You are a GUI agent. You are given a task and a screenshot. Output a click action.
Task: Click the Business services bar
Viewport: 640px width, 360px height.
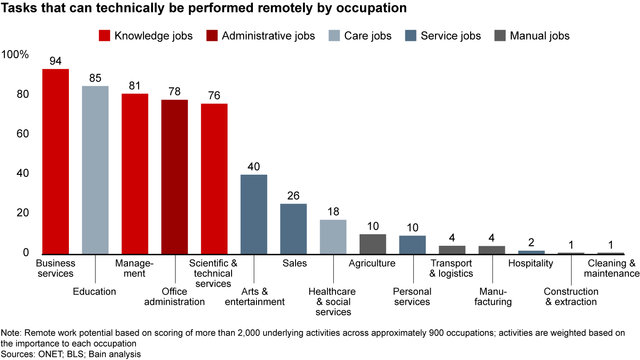(56, 161)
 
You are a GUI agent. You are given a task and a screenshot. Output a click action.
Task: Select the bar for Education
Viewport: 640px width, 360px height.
(95, 169)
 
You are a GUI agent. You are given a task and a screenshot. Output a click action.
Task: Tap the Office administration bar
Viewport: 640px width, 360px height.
(174, 176)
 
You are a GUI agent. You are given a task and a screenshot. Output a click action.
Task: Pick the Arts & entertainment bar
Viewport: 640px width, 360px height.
(254, 214)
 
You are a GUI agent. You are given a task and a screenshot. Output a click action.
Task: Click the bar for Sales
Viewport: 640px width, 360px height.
(293, 228)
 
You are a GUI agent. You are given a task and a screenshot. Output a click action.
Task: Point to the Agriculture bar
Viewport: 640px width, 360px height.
(372, 244)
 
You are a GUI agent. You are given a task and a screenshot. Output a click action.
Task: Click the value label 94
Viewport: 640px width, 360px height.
(56, 61)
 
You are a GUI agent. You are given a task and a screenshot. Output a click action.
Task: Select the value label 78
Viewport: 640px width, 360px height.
(174, 92)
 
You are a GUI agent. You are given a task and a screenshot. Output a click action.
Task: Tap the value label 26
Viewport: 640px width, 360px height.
(293, 196)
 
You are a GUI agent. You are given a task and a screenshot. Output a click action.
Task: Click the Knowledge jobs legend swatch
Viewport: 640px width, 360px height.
(104, 36)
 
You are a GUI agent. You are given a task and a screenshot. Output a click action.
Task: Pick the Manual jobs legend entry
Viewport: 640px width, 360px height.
(532, 36)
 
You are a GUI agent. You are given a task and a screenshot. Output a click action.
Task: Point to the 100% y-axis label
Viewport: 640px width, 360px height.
(15, 55)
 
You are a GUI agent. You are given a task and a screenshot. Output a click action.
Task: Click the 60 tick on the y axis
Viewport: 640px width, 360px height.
(23, 134)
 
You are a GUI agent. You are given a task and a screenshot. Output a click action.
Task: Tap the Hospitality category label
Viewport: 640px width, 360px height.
(531, 263)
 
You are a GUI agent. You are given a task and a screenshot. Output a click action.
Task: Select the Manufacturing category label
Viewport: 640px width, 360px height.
(496, 296)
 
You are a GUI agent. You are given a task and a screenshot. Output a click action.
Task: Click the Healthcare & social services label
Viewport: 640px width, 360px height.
(332, 301)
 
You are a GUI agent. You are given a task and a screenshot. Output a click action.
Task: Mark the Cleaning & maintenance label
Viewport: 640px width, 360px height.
(612, 268)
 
